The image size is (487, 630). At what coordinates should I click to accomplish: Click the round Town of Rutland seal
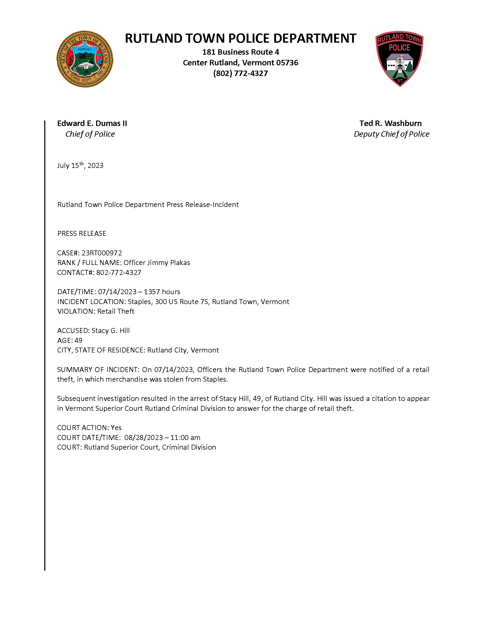(x=85, y=59)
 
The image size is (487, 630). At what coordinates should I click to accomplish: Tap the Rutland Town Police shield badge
(x=399, y=59)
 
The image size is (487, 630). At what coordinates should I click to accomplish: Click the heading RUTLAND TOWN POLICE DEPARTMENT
(x=240, y=38)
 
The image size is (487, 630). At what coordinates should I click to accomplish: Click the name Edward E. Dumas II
(x=92, y=123)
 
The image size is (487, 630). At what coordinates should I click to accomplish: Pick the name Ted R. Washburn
(x=390, y=123)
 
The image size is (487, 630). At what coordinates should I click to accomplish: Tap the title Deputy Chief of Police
(x=391, y=134)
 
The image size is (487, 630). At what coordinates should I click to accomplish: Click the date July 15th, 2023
(x=80, y=166)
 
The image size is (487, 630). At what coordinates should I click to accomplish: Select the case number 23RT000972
(x=102, y=253)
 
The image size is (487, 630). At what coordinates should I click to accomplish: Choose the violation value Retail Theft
(x=116, y=312)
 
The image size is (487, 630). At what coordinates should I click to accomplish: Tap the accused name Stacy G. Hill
(x=110, y=331)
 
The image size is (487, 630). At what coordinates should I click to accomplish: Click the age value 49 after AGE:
(x=78, y=341)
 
